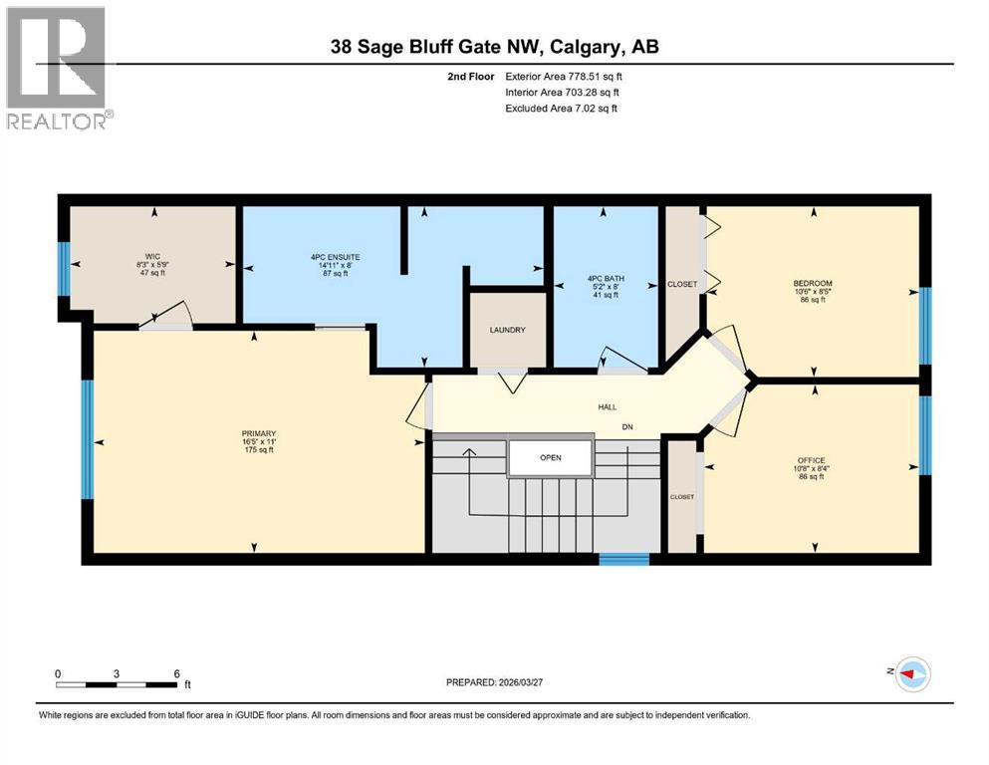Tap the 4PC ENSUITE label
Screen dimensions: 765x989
tap(335, 257)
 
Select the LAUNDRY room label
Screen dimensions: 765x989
tap(507, 331)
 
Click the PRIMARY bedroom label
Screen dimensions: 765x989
tap(257, 433)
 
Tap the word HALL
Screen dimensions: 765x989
tap(607, 407)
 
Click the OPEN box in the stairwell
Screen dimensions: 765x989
tap(551, 458)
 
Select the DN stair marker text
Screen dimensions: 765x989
tap(627, 428)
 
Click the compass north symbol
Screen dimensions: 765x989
tap(912, 674)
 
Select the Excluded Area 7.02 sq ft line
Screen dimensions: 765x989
tap(561, 108)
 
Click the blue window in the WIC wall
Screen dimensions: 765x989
tap(64, 269)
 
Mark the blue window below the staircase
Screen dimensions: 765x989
tap(623, 559)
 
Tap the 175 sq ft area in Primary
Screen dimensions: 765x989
tap(257, 450)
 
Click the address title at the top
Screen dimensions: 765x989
tap(494, 47)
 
